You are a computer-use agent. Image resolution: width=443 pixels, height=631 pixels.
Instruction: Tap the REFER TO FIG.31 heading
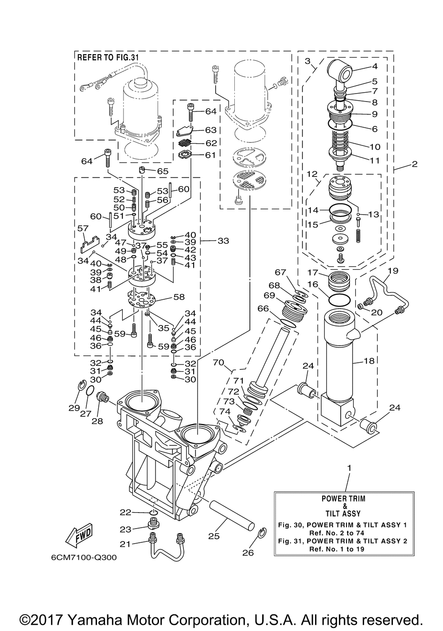point(108,58)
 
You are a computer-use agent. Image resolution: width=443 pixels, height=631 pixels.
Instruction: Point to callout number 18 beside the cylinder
point(369,361)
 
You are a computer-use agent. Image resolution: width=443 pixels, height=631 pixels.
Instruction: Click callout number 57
point(83,228)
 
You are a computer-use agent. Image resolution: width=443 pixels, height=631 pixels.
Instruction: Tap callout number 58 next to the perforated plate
point(179,297)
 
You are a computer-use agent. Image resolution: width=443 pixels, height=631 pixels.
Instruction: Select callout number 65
point(163,171)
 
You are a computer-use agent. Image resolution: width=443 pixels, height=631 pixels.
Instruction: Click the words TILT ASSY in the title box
point(343,513)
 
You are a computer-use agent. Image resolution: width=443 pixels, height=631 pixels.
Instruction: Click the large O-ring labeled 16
point(339,299)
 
